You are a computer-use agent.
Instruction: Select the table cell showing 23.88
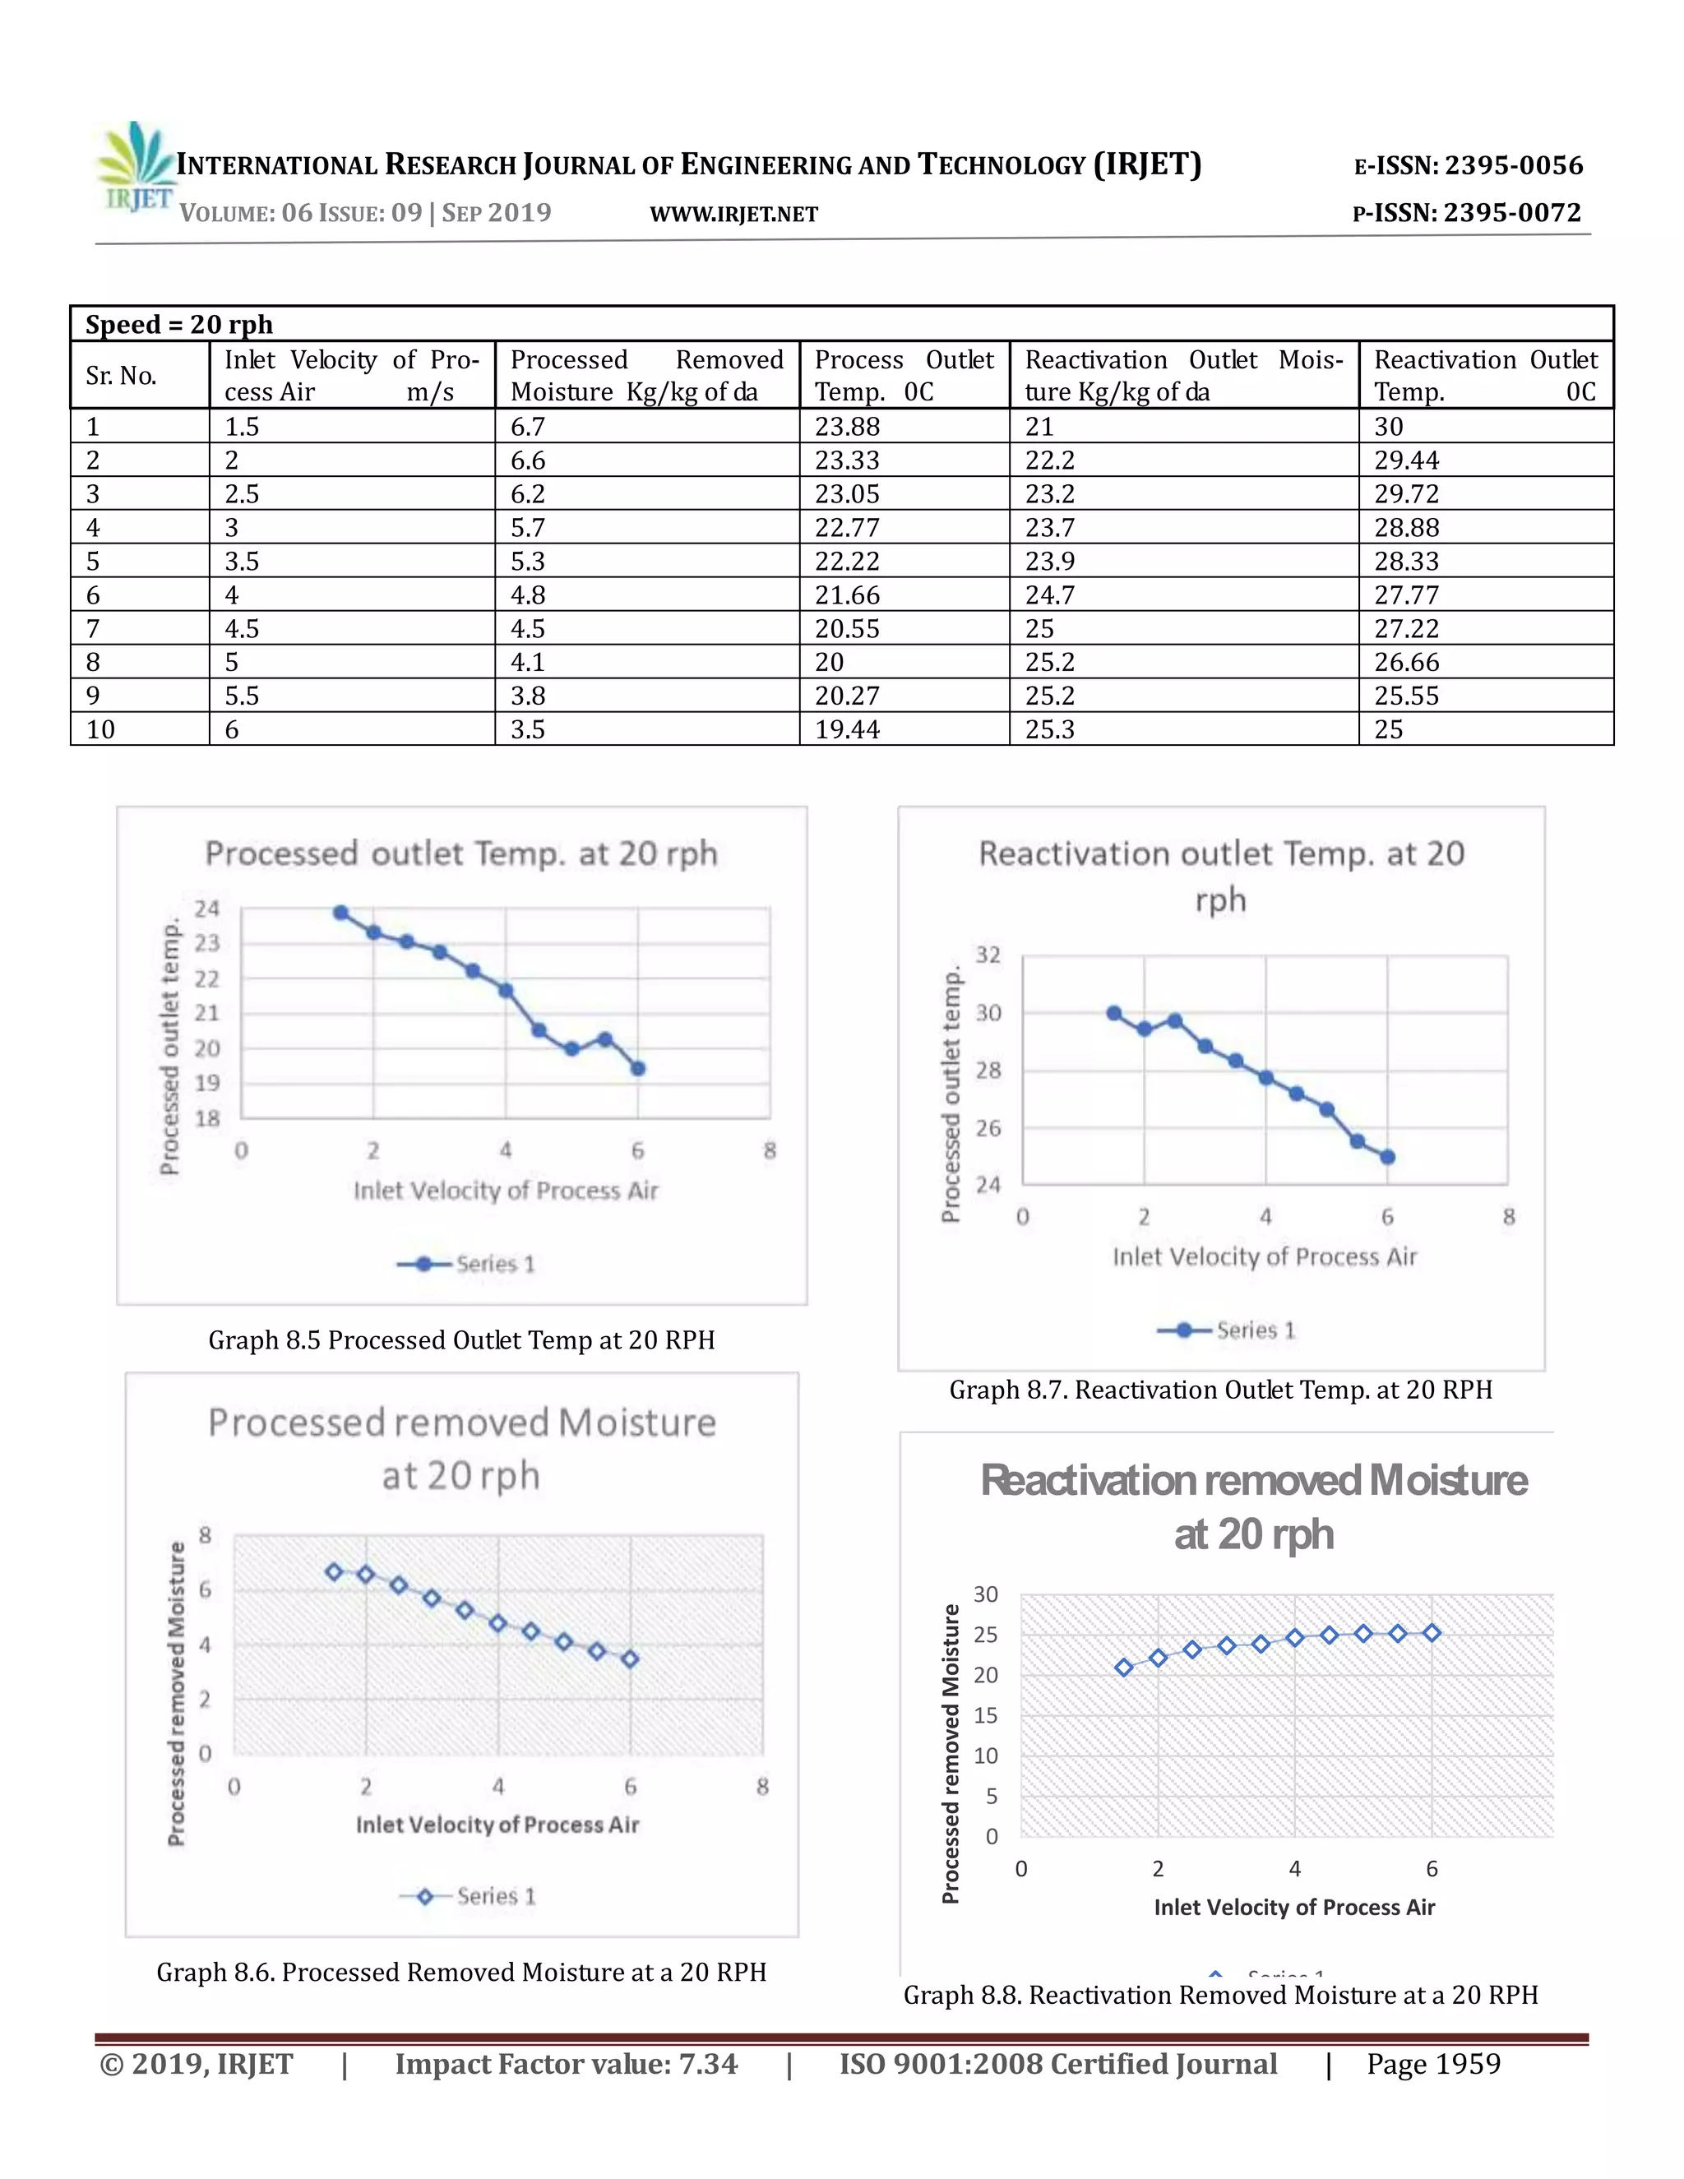coord(847,427)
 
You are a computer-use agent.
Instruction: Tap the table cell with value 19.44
coord(847,729)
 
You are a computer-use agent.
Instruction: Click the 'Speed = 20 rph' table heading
coord(179,324)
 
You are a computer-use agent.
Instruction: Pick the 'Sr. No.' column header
coord(121,376)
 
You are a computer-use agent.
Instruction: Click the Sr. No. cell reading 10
coord(101,729)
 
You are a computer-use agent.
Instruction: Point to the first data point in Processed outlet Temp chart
coord(340,913)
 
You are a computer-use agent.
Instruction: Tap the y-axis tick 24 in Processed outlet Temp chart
coord(206,909)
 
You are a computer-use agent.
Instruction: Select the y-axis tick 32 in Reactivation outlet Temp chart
coord(987,955)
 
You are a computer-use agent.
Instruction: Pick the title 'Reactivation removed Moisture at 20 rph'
coord(1253,1507)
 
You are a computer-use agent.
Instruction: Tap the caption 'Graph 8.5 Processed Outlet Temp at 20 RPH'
coord(461,1340)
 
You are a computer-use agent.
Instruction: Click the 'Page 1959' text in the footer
coord(1432,2063)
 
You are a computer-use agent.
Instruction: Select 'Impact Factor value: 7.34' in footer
coord(566,2063)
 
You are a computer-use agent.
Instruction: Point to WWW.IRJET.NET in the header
coord(733,215)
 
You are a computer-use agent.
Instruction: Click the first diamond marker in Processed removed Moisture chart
coord(334,1572)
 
